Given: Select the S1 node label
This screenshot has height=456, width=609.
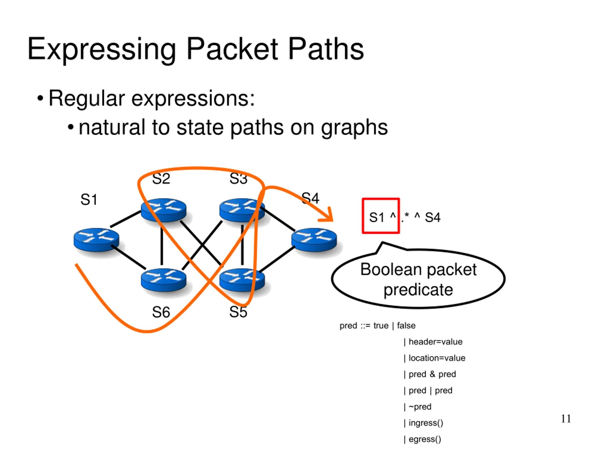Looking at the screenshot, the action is (x=89, y=199).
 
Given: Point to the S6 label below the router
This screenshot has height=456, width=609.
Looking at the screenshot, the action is (x=161, y=312).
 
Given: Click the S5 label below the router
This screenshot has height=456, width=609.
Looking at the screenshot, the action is (x=238, y=312).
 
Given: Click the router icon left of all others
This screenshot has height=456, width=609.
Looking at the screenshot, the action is (x=96, y=240).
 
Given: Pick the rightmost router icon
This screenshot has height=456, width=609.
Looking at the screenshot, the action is (x=314, y=240).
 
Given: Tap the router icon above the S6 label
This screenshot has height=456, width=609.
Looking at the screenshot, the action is (x=163, y=280).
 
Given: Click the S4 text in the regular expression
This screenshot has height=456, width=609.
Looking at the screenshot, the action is (x=432, y=217).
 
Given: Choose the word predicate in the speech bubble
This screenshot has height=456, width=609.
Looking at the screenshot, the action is (x=418, y=290).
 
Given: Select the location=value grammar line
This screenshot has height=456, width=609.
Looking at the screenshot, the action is (x=434, y=358).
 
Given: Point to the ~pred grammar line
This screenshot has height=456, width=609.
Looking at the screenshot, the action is (x=418, y=407).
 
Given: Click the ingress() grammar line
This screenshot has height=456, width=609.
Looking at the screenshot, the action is (x=423, y=423).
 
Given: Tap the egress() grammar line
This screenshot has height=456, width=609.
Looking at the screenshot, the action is (x=422, y=439).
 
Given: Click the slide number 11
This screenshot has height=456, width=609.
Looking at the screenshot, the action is (x=566, y=419).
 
